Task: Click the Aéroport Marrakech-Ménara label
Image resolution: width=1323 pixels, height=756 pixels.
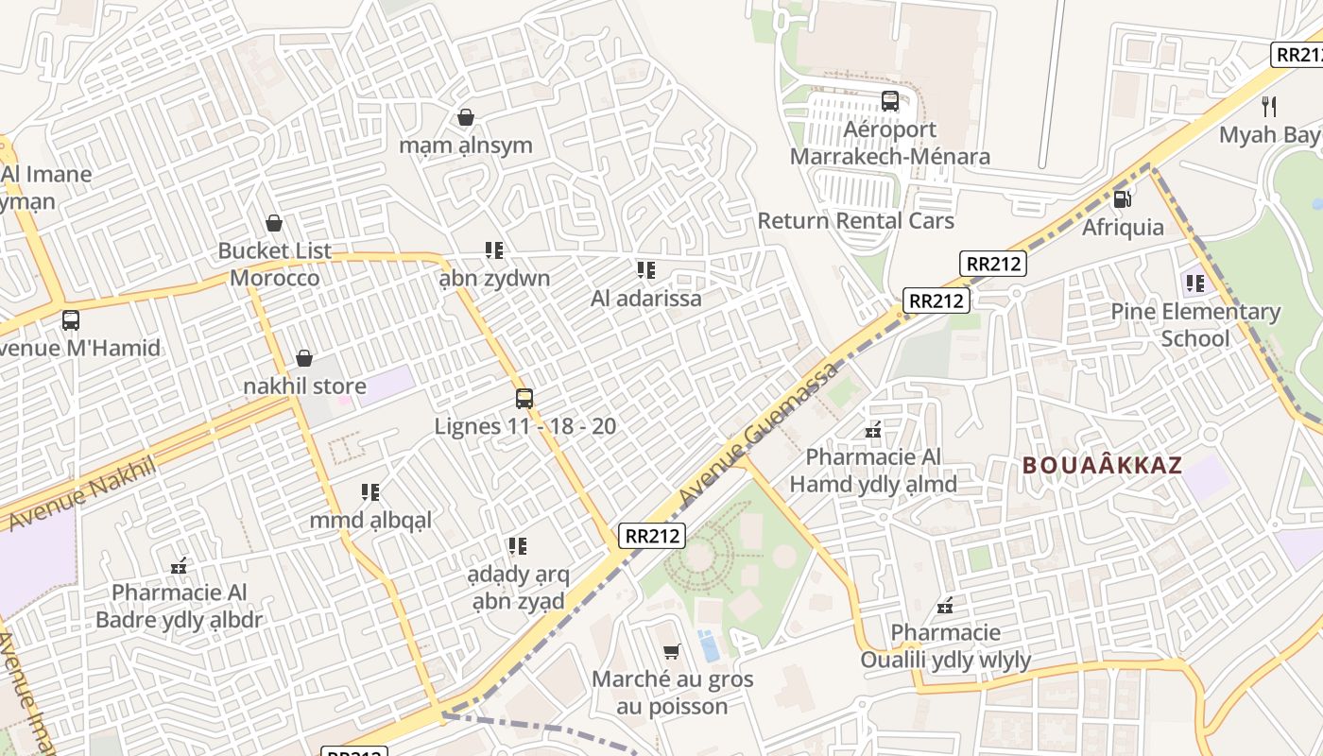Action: [889, 143]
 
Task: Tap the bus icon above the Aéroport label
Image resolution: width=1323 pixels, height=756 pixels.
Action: [889, 100]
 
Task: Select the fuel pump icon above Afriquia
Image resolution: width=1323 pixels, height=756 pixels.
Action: [1123, 198]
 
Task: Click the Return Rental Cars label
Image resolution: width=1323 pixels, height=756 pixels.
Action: [856, 221]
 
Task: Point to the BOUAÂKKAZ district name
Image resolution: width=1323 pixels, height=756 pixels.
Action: [1102, 465]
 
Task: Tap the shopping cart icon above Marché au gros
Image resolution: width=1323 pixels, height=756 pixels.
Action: [672, 651]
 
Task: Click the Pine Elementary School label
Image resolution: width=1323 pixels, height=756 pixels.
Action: [1195, 325]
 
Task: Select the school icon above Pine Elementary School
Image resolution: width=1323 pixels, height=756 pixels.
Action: [1195, 283]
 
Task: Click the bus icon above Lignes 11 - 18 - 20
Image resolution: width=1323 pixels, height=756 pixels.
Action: [524, 399]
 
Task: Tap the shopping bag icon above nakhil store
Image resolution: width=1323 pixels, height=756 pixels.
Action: [304, 358]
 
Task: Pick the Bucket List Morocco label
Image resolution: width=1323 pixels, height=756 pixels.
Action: [275, 265]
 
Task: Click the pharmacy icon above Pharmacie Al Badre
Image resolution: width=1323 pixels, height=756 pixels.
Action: [179, 566]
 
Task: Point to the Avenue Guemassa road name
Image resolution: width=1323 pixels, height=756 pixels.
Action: [759, 432]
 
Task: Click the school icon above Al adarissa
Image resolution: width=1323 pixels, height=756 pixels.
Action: [646, 270]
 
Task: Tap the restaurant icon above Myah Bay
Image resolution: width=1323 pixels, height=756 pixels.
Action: [1269, 106]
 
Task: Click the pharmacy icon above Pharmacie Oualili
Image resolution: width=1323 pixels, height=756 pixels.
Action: [945, 605]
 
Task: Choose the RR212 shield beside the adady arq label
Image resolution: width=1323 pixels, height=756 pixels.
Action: [652, 536]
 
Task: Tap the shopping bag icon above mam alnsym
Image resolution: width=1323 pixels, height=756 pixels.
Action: [466, 117]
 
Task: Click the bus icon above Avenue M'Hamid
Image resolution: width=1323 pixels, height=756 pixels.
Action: [71, 320]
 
